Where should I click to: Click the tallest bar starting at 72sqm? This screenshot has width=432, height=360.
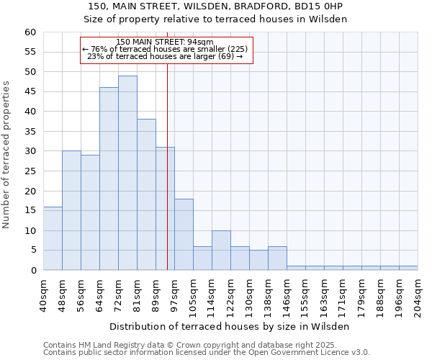(x=127, y=173)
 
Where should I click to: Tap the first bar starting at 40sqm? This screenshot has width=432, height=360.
(x=53, y=238)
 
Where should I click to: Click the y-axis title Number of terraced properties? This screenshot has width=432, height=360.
(x=6, y=154)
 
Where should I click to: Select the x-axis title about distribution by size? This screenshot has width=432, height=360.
(x=230, y=326)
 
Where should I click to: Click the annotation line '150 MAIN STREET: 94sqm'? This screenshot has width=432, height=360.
(x=165, y=42)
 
